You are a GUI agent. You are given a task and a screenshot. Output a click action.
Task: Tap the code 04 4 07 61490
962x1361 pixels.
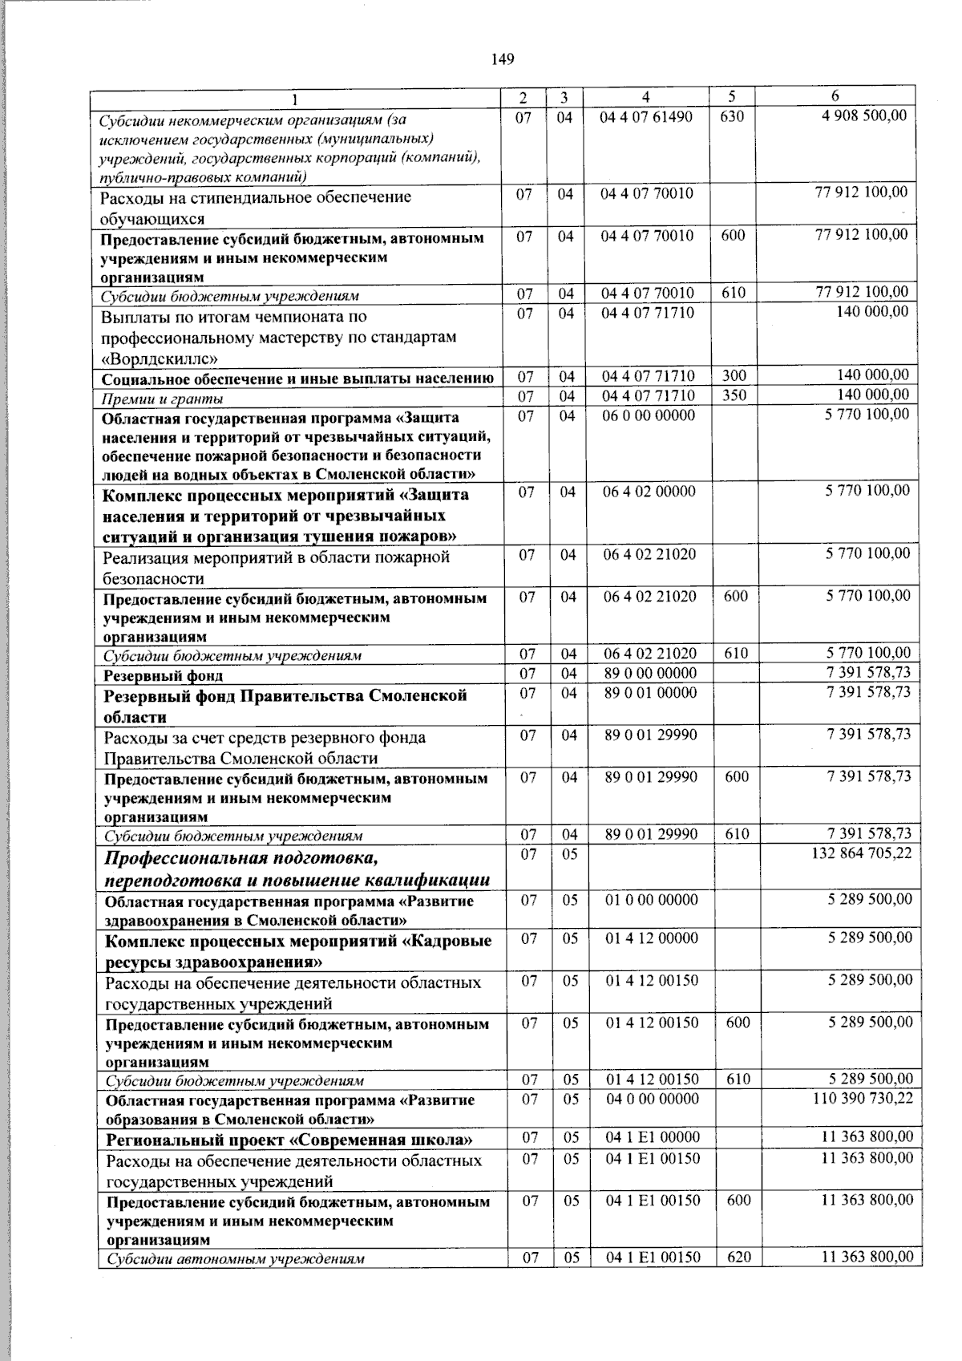647,116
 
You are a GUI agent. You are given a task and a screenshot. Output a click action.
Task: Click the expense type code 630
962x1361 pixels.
732,116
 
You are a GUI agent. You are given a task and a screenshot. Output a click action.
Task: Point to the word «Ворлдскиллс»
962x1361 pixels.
160,358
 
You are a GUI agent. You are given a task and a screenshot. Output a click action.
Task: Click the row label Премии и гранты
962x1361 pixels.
161,399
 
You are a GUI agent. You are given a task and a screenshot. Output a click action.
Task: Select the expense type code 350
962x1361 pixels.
734,395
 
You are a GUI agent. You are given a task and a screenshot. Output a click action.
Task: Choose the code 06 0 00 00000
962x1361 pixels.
649,415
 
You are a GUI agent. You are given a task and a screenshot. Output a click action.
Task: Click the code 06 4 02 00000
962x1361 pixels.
649,491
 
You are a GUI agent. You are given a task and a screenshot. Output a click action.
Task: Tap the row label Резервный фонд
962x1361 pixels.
164,675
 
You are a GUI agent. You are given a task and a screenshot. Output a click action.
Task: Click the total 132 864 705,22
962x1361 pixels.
862,853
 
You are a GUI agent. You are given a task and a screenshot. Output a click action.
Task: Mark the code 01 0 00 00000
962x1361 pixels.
652,899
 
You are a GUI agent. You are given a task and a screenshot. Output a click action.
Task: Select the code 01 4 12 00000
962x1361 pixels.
652,938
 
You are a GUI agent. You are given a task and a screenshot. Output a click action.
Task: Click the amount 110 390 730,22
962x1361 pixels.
863,1098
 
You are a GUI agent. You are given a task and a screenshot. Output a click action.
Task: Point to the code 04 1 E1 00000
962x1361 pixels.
653,1136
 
